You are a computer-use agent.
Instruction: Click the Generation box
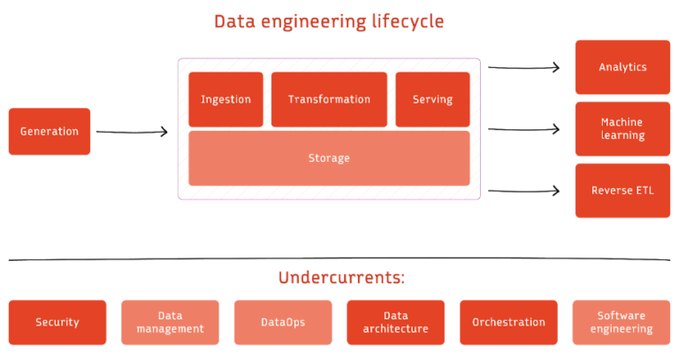[50, 132]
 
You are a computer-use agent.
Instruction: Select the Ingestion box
[225, 99]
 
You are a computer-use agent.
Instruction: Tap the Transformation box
[329, 99]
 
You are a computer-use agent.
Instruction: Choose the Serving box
[432, 99]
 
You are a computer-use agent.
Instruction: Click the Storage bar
[329, 158]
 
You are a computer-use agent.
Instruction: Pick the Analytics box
[622, 67]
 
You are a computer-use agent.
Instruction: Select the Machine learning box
[622, 129]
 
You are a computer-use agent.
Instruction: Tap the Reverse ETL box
[622, 190]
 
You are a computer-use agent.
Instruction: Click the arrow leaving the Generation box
[132, 133]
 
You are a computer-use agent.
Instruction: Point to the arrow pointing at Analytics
[524, 67]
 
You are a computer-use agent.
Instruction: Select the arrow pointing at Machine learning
[524, 129]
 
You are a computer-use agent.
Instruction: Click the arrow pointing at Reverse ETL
[524, 190]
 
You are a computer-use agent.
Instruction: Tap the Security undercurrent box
[57, 323]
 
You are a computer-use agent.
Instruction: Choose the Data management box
[170, 323]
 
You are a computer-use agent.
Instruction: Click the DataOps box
[283, 323]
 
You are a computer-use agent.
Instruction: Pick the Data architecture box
[395, 323]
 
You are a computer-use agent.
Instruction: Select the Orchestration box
[508, 323]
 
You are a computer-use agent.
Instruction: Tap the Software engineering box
[622, 323]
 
